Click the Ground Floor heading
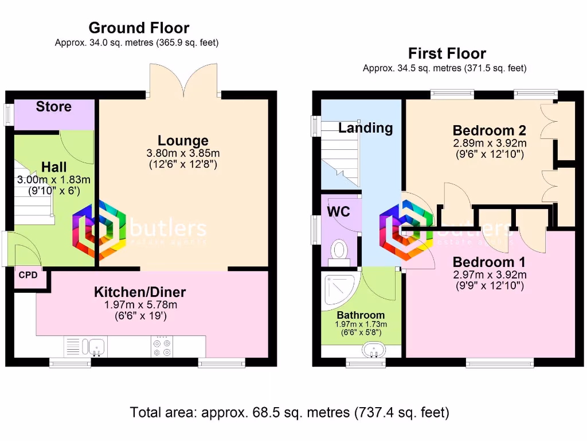139,28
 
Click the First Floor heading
447,53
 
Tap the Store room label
54,106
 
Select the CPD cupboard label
28,275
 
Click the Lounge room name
183,141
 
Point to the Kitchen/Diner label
140,292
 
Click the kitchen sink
95,346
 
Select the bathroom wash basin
375,350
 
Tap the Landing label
365,127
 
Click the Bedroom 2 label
490,130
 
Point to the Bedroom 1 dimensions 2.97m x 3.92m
490,274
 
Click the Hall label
54,167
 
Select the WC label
338,211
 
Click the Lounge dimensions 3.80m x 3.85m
183,153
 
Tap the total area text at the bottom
289,412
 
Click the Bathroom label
361,315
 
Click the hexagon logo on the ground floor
99,229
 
